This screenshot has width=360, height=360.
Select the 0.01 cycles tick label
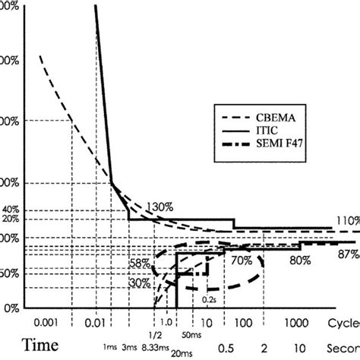pos(95,321)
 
